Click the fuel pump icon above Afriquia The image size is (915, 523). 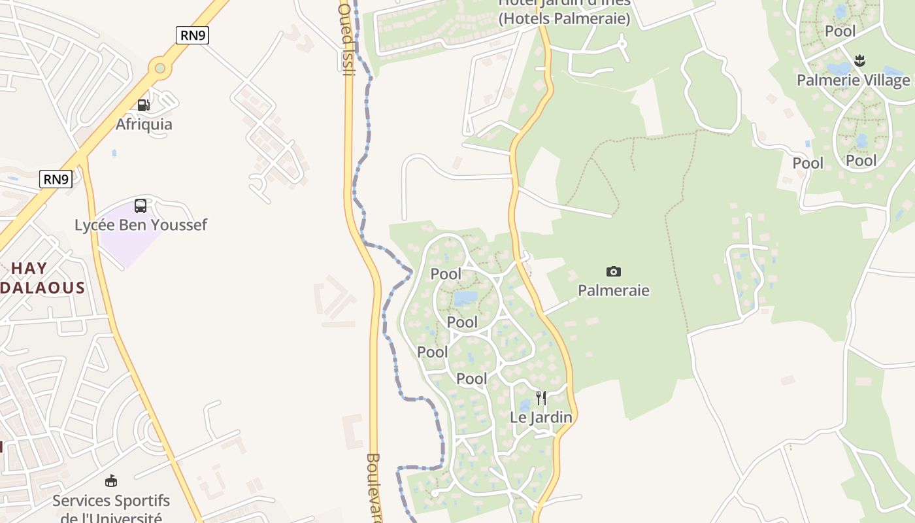click(143, 105)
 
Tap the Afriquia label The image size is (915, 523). click(144, 124)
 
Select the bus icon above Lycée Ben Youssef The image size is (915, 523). click(141, 206)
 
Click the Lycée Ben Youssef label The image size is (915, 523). click(141, 225)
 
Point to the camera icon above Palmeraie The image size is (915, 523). click(613, 271)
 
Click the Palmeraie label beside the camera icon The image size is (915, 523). click(613, 290)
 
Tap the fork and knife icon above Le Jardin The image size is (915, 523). click(541, 397)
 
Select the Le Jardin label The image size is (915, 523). click(541, 417)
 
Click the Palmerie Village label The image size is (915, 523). click(853, 80)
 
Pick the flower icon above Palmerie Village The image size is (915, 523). click(859, 61)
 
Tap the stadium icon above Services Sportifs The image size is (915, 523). click(111, 481)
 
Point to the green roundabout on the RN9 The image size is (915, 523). click(159, 67)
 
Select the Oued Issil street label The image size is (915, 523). click(347, 39)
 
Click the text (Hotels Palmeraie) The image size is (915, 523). click(565, 19)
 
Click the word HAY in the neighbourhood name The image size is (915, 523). click(29, 268)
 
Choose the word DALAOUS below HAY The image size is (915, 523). click(43, 288)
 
